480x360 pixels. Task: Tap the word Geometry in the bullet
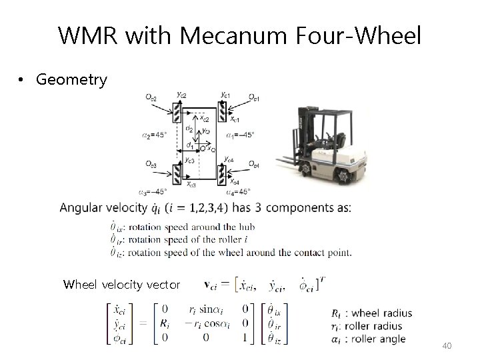click(72, 81)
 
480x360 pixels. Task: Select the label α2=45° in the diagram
click(155, 135)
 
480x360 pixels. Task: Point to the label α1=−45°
click(241, 135)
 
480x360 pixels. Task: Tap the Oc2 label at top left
click(151, 98)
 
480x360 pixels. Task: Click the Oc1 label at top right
click(254, 98)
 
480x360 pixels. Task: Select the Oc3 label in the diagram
click(151, 164)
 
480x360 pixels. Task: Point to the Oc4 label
click(253, 164)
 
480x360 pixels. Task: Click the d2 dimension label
click(189, 129)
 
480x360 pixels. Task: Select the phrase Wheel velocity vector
click(122, 285)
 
